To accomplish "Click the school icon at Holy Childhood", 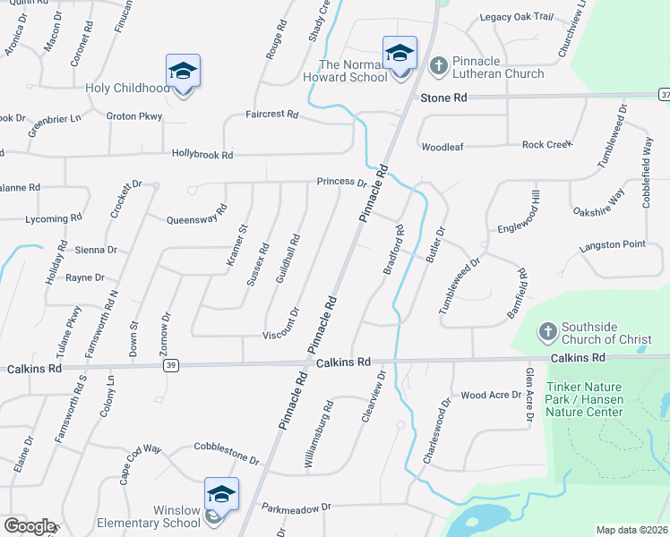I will [183, 71].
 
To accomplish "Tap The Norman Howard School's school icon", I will [399, 53].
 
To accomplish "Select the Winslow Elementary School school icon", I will [221, 494].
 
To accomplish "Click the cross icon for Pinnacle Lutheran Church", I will [438, 64].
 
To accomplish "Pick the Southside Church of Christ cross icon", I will [548, 332].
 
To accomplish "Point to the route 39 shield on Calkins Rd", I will [170, 365].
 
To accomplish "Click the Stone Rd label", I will [444, 97].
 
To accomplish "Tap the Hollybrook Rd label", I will [202, 155].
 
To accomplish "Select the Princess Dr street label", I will [342, 183].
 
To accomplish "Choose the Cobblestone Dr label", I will [227, 454].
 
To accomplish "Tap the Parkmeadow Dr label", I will [296, 507].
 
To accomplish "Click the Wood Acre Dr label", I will [490, 395].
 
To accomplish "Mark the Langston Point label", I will [612, 244].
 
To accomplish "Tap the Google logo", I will [29, 526].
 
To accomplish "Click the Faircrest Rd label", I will [272, 115].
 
